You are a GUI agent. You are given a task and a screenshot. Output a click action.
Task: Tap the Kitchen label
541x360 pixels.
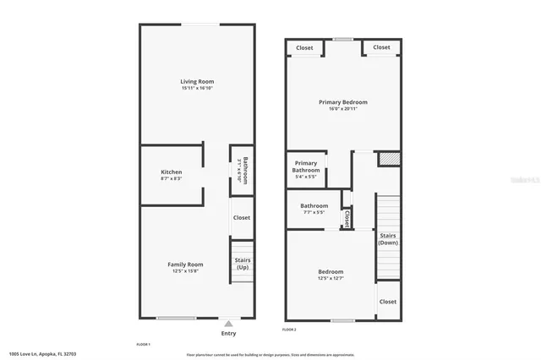pyautogui.click(x=172, y=172)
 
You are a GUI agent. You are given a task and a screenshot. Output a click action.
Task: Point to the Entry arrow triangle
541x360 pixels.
pyautogui.click(x=228, y=323)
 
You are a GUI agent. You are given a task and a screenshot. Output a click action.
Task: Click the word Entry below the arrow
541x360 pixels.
pyautogui.click(x=228, y=333)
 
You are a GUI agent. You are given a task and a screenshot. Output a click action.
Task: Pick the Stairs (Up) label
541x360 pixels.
pyautogui.click(x=242, y=264)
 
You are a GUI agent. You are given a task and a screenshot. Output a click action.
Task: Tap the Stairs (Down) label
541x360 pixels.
pyautogui.click(x=388, y=238)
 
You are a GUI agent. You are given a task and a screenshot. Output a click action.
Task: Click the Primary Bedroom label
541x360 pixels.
pyautogui.click(x=342, y=102)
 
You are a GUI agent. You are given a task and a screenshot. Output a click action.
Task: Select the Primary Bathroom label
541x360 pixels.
pyautogui.click(x=305, y=166)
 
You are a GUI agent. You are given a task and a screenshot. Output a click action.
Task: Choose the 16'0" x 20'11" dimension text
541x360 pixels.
pyautogui.click(x=342, y=109)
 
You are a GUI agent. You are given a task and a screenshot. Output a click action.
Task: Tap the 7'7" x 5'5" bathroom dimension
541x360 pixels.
pyautogui.click(x=314, y=212)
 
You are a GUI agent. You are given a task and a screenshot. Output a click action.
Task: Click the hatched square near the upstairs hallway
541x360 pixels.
pyautogui.click(x=388, y=158)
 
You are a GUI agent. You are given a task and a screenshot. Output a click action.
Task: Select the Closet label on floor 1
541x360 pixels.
pyautogui.click(x=242, y=217)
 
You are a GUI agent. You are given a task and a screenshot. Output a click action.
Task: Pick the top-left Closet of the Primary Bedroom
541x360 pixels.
pyautogui.click(x=304, y=47)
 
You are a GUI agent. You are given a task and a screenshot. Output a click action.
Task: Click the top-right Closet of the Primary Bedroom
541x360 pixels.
pyautogui.click(x=381, y=47)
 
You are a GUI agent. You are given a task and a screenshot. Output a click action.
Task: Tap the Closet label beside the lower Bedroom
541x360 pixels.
pyautogui.click(x=388, y=302)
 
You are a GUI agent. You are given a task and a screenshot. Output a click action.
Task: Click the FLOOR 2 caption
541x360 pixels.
pyautogui.click(x=289, y=329)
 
